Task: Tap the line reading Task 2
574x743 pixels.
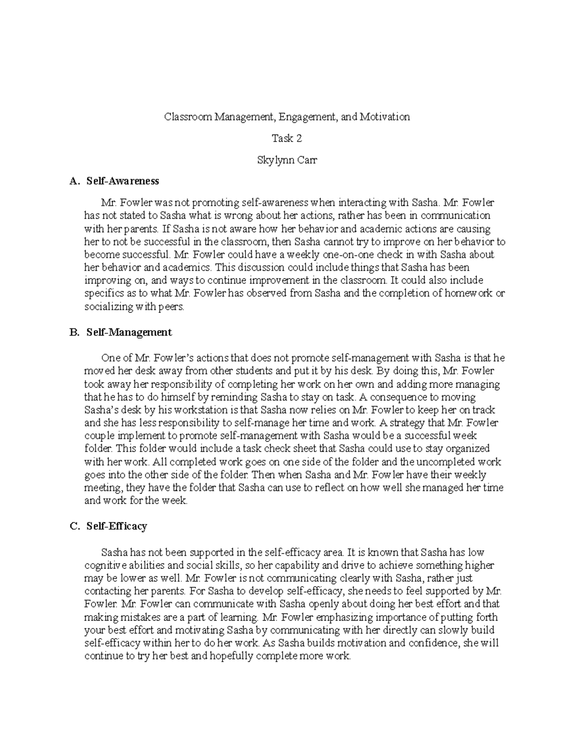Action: pyautogui.click(x=287, y=138)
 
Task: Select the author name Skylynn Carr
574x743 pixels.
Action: pyautogui.click(x=287, y=160)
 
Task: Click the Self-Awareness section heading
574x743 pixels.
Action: pyautogui.click(x=122, y=181)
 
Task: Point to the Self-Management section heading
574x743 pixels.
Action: pyautogui.click(x=129, y=332)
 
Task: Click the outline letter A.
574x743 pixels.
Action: pyautogui.click(x=73, y=181)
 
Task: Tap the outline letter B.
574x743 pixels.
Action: pyautogui.click(x=73, y=332)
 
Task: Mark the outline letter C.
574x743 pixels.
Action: pyautogui.click(x=73, y=526)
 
